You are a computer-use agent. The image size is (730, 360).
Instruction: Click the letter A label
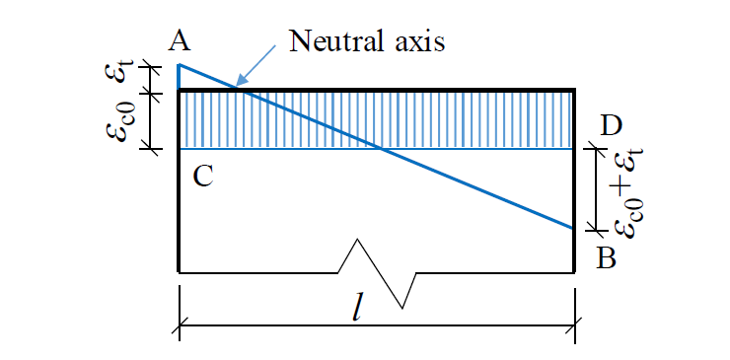coord(179,41)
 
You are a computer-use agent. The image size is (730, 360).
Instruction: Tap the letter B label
coord(607,258)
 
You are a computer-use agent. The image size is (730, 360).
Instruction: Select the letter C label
coord(203,176)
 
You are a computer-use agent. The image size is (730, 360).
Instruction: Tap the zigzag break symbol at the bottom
coord(377,273)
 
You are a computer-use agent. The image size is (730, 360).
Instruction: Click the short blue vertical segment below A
coord(179,76)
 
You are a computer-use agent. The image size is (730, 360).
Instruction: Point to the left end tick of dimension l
coord(180,324)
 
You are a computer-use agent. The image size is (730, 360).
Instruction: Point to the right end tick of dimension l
coord(575,324)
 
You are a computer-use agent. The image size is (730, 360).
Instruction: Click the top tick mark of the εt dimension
coord(150,67)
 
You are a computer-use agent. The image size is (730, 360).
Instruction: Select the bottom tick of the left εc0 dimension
coord(150,148)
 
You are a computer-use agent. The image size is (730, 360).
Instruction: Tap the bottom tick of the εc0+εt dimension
coord(597,230)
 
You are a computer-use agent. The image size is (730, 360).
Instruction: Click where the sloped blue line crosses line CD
coord(381,149)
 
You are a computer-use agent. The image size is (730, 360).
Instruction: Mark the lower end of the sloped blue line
coord(573,228)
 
